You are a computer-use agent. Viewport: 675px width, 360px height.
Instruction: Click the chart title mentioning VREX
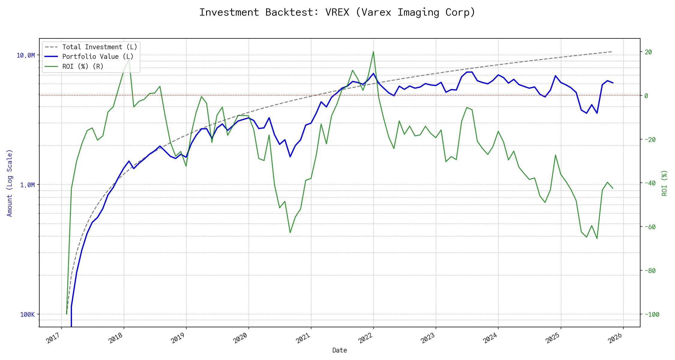coord(337,12)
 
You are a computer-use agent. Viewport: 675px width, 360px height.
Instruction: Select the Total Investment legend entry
coord(100,47)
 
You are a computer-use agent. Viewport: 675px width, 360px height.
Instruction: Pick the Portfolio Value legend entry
coord(97,57)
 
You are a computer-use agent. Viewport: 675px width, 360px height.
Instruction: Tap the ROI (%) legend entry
coord(83,66)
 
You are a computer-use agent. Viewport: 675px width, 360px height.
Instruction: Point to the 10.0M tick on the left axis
coord(26,55)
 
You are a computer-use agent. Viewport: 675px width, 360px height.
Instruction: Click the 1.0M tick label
coord(27,185)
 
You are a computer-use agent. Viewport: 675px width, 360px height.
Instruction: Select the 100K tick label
coord(27,315)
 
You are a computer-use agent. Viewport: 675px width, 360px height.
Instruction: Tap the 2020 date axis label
coord(241,338)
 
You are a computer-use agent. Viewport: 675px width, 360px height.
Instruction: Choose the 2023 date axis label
coord(428,338)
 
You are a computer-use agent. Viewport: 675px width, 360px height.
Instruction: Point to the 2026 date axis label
coord(615,338)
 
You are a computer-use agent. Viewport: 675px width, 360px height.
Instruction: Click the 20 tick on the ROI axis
coord(648,52)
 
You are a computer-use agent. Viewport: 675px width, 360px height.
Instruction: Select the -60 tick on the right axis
coord(649,227)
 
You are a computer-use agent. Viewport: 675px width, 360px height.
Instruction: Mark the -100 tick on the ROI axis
coord(651,315)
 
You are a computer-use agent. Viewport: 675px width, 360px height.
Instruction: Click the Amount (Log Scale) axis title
coord(10,183)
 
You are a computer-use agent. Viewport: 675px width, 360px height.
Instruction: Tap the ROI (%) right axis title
coord(664,183)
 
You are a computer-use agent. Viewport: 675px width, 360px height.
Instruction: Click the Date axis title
coord(340,350)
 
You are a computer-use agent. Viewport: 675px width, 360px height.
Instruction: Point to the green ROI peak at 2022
coord(373,52)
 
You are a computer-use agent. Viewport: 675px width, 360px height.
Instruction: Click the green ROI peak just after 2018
coord(129,59)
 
